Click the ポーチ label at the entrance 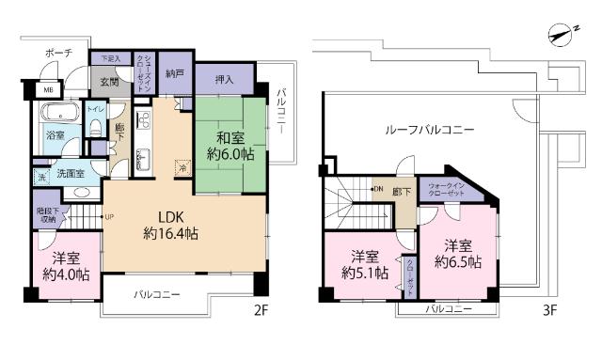coord(58,55)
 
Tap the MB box coord(44,90)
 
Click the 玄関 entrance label coord(110,83)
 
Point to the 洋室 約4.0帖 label coord(66,268)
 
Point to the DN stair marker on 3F coord(378,190)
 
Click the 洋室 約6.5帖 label coord(458,254)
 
